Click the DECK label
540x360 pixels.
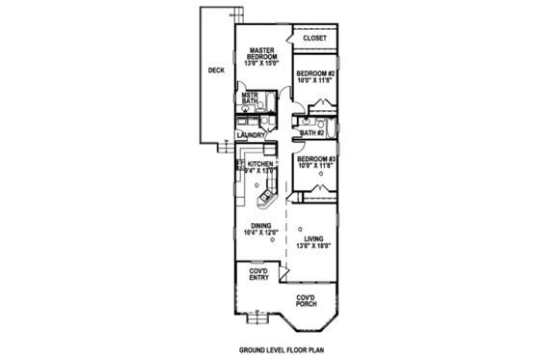pos(217,70)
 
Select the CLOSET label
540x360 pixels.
pos(315,39)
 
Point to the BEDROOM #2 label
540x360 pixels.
pos(314,74)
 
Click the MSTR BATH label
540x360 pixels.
pos(250,98)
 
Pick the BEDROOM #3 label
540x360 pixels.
pos(314,159)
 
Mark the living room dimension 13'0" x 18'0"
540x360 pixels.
pos(314,246)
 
